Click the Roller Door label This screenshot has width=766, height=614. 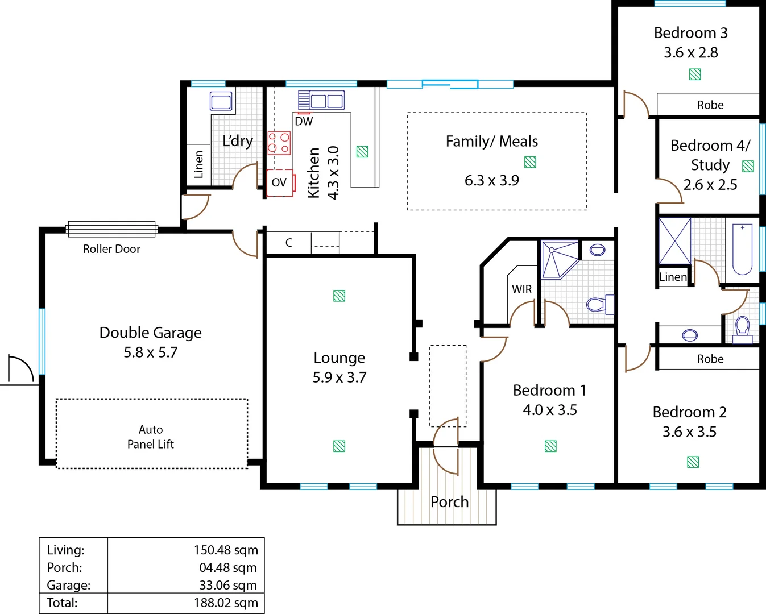pos(111,249)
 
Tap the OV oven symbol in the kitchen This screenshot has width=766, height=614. pos(280,182)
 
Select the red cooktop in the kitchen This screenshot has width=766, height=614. pos(279,143)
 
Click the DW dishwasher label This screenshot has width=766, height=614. pos(304,121)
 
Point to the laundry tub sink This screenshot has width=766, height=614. pos(221,101)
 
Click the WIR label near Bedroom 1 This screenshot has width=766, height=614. pos(522,289)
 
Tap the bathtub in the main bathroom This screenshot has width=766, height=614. pos(742,249)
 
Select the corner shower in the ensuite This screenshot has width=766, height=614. pos(560,260)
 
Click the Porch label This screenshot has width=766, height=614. pos(450,502)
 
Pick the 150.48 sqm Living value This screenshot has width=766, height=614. pos(226,550)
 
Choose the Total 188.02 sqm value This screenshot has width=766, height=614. pos(226,603)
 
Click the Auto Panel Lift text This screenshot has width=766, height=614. pos(151,437)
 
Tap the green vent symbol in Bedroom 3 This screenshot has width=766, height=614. pos(695,74)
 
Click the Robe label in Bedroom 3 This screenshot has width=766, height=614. pos(710,105)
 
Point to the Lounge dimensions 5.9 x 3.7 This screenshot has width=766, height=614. pos(339,377)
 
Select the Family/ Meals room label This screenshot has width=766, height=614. pos(491,142)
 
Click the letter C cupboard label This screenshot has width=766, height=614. pos(289,243)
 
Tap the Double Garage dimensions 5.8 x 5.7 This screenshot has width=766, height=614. pos(150,352)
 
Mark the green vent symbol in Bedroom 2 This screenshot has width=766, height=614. pos(693,462)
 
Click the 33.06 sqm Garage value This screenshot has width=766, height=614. pos(228,585)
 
